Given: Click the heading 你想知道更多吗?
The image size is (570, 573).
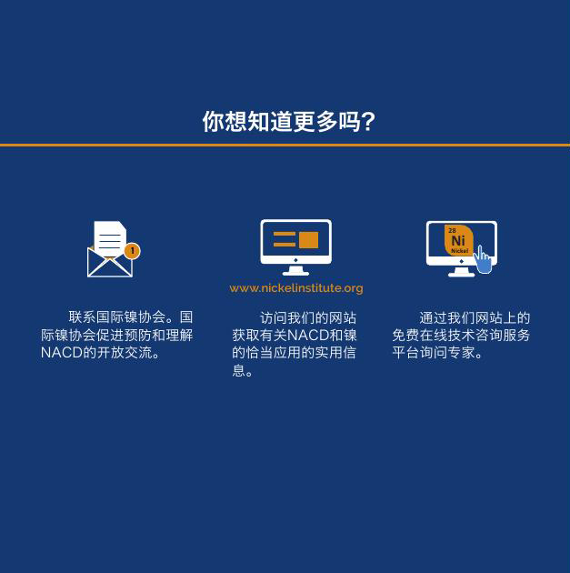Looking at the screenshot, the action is point(289,121).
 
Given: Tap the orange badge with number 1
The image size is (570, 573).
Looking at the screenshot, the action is point(132,251).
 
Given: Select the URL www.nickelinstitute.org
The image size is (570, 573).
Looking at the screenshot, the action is point(296,288).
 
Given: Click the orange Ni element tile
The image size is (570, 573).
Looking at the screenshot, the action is point(458,240).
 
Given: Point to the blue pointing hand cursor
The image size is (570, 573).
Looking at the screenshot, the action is point(483,259).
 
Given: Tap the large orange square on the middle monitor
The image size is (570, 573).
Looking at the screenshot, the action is point(309,240).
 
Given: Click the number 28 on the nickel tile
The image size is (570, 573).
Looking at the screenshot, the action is point(452,231).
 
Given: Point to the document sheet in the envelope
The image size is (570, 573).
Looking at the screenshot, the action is point(110,239).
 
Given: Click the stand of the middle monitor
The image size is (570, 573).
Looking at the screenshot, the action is point(295,270).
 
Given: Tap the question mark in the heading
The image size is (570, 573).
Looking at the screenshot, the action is point(369,122).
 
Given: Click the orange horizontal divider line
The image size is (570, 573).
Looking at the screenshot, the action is point(285,146).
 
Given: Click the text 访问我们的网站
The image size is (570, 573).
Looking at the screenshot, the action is point(308,318).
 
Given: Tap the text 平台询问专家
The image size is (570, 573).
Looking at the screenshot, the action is point(433,353).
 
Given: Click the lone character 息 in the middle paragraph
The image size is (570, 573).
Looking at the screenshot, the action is point(239,370).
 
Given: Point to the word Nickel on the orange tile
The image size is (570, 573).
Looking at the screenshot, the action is point(459,251).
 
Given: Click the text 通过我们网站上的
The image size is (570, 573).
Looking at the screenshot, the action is point(475,318).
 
